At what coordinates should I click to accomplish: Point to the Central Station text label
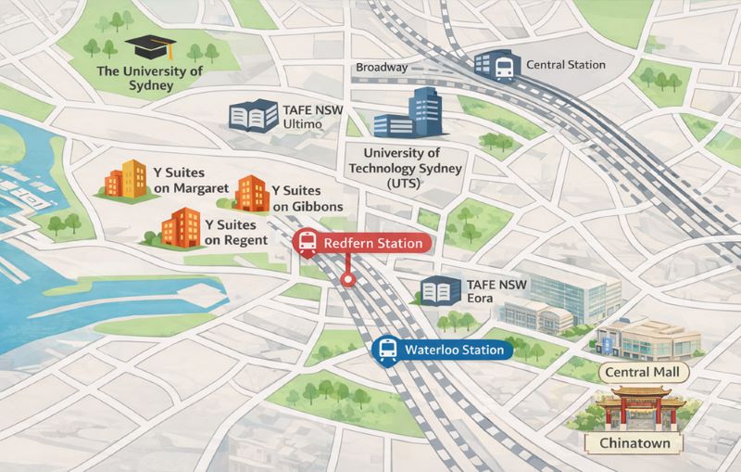(565, 65)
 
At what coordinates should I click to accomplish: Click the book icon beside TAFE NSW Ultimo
(252, 116)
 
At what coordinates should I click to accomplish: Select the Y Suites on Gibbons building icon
(252, 193)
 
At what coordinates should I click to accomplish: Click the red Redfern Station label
(362, 243)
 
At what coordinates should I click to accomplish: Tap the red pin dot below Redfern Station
(346, 278)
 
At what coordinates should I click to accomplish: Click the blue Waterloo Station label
(442, 350)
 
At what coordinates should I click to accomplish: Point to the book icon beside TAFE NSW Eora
(441, 292)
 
